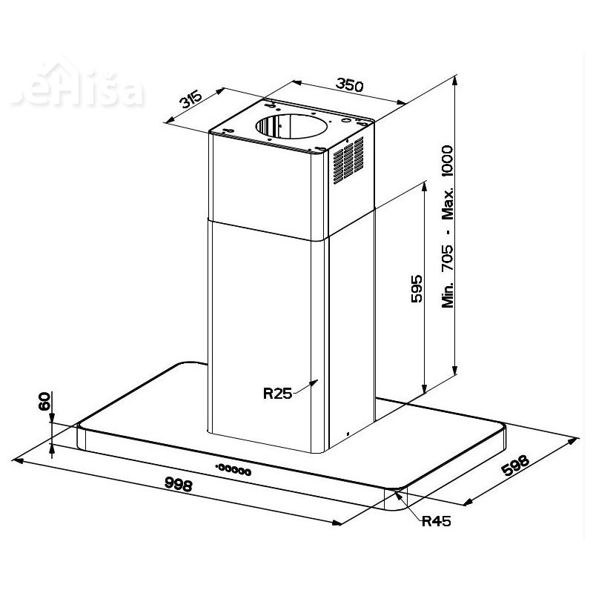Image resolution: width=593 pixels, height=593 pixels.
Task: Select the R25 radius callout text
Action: pyautogui.click(x=277, y=394)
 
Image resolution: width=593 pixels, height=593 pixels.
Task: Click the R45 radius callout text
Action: pyautogui.click(x=436, y=521)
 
